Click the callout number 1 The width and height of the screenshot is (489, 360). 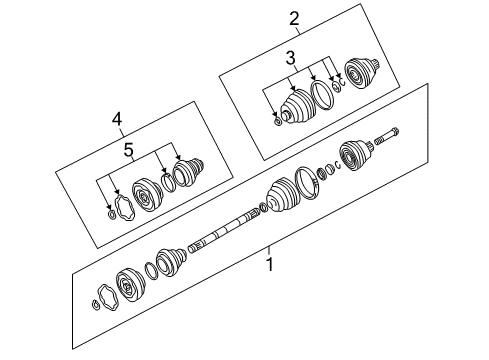[270, 265]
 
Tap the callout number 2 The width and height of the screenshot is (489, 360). [294, 19]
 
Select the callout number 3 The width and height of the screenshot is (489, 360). [291, 58]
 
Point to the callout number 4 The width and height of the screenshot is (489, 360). [117, 119]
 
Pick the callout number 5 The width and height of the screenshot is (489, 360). [128, 149]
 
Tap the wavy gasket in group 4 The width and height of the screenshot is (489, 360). [124, 208]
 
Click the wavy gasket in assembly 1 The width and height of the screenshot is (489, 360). [108, 298]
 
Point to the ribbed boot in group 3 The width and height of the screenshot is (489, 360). [298, 106]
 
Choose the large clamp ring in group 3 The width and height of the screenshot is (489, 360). [322, 94]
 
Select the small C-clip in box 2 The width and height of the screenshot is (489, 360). [342, 81]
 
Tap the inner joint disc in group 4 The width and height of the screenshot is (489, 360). [147, 197]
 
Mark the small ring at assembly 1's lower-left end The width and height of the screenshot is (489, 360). [95, 305]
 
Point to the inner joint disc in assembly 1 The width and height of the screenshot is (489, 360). [131, 285]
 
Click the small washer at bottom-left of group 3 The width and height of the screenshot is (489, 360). [278, 121]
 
